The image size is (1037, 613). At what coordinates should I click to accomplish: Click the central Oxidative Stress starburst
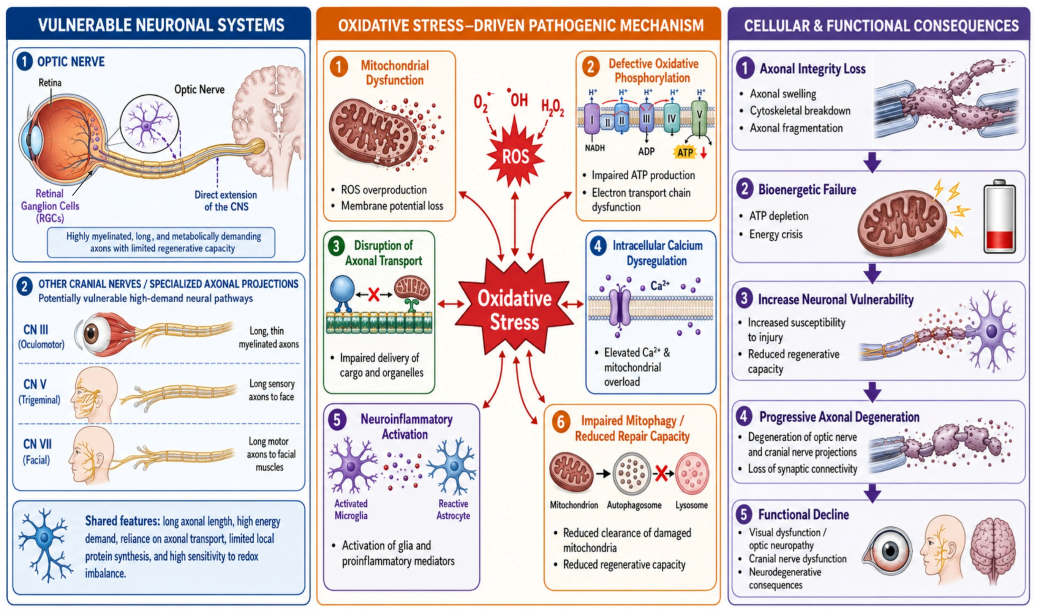(x=515, y=308)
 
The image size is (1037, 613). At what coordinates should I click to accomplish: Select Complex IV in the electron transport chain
(x=671, y=119)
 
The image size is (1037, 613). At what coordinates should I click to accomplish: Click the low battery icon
(x=999, y=217)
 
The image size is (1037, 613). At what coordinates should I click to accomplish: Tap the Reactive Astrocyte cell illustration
(x=453, y=466)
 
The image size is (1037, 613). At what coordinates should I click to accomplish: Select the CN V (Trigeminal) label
(x=39, y=391)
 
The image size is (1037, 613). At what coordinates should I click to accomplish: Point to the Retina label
(x=50, y=83)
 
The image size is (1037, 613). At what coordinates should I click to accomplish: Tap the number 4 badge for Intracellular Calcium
(x=598, y=246)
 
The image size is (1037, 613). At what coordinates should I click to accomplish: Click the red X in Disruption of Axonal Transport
(x=374, y=294)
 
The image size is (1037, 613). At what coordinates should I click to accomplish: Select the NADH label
(x=594, y=147)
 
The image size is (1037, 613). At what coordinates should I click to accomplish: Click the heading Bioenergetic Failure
(x=807, y=190)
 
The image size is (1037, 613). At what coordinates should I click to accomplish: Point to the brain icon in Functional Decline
(x=993, y=550)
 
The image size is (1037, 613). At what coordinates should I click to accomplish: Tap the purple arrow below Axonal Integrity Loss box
(x=872, y=161)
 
